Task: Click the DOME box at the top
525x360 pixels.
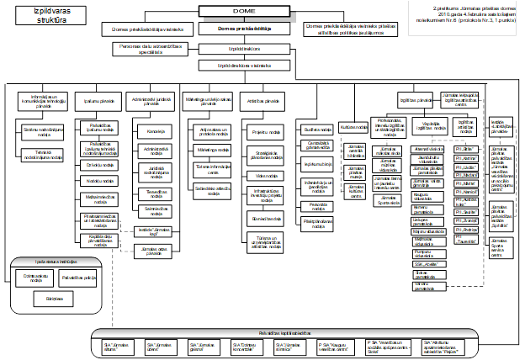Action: coord(250,12)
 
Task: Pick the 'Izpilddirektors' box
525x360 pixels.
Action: coord(250,50)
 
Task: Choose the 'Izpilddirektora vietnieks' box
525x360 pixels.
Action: coord(250,64)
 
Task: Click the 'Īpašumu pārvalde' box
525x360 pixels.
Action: coord(99,101)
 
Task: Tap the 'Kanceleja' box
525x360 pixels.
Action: coord(154,133)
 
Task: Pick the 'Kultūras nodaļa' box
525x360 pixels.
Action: coord(355,127)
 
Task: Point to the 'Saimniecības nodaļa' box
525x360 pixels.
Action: coord(154,207)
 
